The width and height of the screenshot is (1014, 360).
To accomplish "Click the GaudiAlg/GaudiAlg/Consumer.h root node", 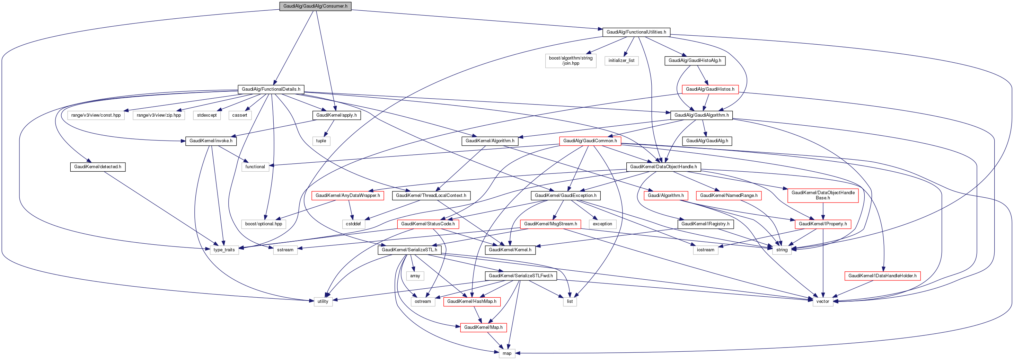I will click(x=315, y=6).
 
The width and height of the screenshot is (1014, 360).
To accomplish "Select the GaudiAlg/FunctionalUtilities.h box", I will click(x=636, y=32).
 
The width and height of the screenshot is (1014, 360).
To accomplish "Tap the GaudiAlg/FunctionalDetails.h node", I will click(x=271, y=89).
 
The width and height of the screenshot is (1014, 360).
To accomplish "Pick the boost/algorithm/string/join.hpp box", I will click(x=570, y=61).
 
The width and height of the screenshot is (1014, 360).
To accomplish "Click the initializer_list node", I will click(x=621, y=61).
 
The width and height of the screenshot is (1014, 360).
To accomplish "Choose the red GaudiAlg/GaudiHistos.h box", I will click(x=710, y=89).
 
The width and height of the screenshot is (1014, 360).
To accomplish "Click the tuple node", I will click(x=321, y=141).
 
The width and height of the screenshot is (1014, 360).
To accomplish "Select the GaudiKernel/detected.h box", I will click(x=98, y=167).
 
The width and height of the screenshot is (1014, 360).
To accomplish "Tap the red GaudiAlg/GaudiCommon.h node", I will click(x=590, y=141).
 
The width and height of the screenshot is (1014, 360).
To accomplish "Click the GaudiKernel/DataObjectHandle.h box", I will click(x=663, y=167).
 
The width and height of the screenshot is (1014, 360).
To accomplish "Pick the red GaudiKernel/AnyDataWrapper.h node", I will click(x=347, y=196).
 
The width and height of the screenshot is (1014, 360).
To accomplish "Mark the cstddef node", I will click(x=353, y=224).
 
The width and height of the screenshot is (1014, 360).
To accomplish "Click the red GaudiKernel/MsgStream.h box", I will click(x=550, y=224).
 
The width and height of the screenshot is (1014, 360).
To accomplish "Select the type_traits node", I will click(x=224, y=250).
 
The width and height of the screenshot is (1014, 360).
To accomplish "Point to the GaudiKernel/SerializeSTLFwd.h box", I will click(x=520, y=276).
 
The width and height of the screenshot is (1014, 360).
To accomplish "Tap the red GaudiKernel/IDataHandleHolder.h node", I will click(x=882, y=276).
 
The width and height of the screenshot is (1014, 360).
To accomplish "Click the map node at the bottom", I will click(x=506, y=353).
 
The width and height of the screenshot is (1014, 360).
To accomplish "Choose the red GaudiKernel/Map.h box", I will click(x=483, y=327).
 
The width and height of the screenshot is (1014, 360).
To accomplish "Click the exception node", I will click(x=602, y=224).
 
